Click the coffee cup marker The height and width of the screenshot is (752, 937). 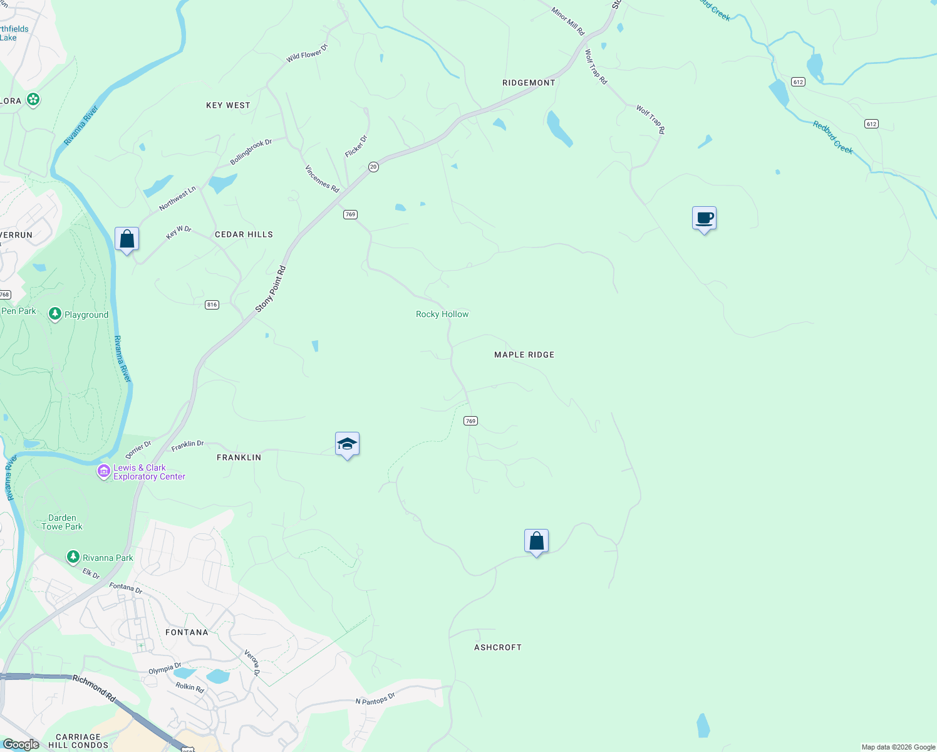tap(705, 219)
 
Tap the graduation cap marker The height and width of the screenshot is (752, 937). tap(347, 444)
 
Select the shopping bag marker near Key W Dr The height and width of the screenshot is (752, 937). tap(127, 239)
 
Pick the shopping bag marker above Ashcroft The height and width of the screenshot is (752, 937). tap(536, 541)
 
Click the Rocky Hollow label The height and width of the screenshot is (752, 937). tap(442, 314)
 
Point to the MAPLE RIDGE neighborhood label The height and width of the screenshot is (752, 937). tap(524, 355)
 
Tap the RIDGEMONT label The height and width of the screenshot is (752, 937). tap(529, 83)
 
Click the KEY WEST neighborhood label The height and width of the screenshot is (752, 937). tap(228, 105)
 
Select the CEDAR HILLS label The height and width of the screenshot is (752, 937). tap(244, 234)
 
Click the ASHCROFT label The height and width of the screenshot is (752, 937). tap(498, 647)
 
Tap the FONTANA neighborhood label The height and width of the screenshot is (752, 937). tap(187, 632)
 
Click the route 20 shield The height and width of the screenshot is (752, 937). tap(373, 167)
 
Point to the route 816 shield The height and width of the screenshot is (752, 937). tap(212, 305)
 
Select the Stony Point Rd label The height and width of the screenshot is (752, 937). tap(271, 290)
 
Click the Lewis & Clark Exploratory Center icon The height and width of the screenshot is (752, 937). tap(103, 471)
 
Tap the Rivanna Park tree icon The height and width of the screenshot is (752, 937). tap(73, 557)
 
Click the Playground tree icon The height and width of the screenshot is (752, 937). tap(55, 314)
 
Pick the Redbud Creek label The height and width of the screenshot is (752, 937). tap(833, 137)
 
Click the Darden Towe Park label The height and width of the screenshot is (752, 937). tap(62, 522)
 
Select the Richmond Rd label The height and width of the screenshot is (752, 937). tap(94, 687)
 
